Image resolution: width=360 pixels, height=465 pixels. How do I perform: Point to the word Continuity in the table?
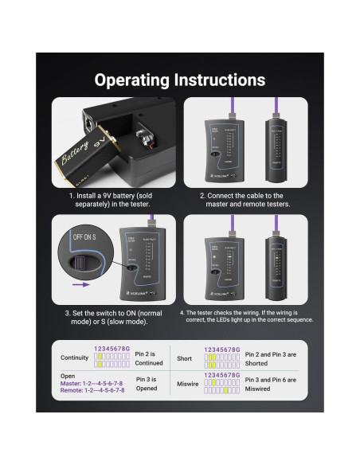pyautogui.click(x=75, y=358)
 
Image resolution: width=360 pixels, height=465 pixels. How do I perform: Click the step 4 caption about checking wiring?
pyautogui.click(x=246, y=316)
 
